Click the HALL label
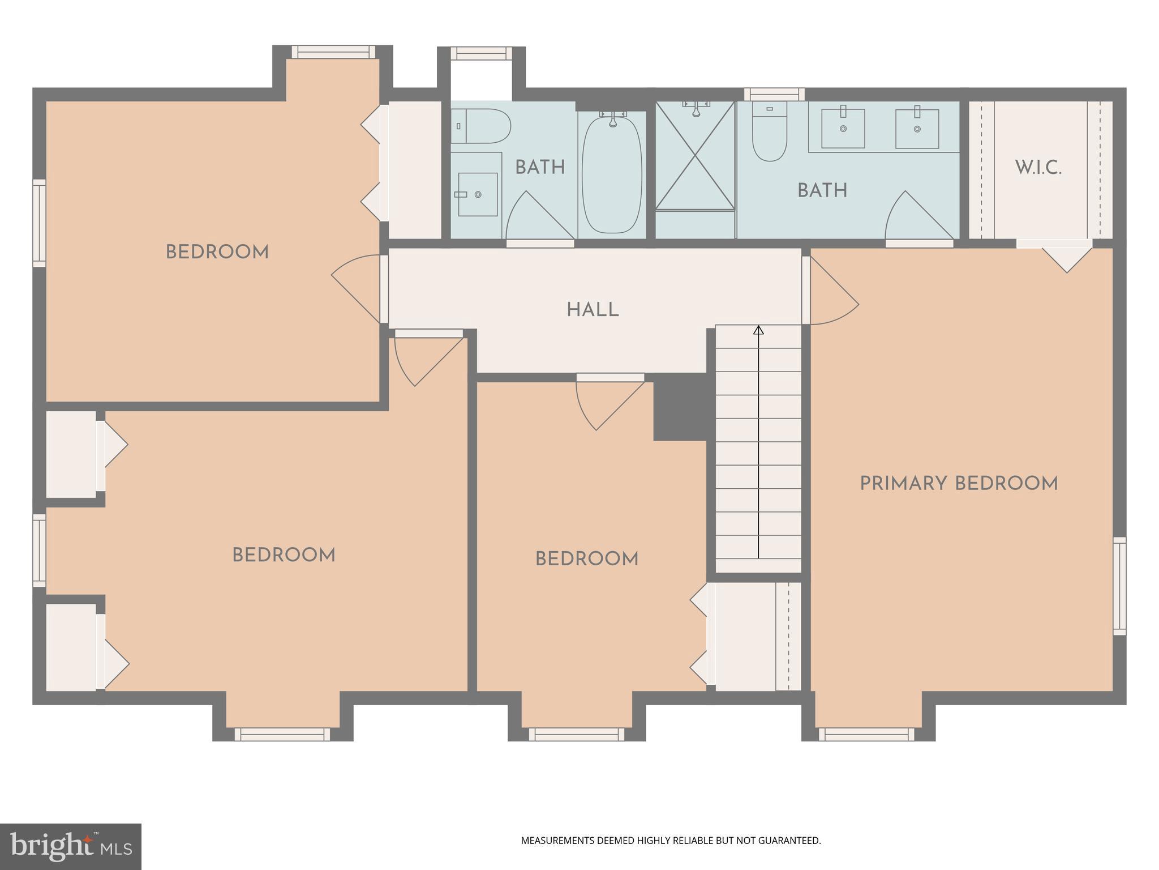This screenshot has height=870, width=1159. tap(593, 310)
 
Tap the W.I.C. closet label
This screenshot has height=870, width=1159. tap(1038, 168)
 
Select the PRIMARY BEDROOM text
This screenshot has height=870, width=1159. tap(959, 484)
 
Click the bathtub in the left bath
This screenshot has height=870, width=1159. tap(612, 173)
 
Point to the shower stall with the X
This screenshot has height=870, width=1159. tap(695, 156)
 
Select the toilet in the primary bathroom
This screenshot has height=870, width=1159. tap(770, 136)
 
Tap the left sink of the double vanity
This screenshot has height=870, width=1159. tap(843, 129)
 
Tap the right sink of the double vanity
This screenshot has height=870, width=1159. tap(917, 129)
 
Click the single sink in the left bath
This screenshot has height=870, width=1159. tap(478, 194)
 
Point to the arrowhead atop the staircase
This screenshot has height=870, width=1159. tap(758, 330)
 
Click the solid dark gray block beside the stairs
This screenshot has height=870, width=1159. tap(681, 407)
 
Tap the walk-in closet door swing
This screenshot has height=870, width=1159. tap(1066, 259)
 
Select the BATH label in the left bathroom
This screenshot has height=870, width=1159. tap(540, 168)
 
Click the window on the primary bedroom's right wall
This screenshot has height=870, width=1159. tap(1119, 586)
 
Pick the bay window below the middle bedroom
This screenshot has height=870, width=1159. tap(577, 734)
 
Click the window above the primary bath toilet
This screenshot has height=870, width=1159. tap(774, 94)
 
